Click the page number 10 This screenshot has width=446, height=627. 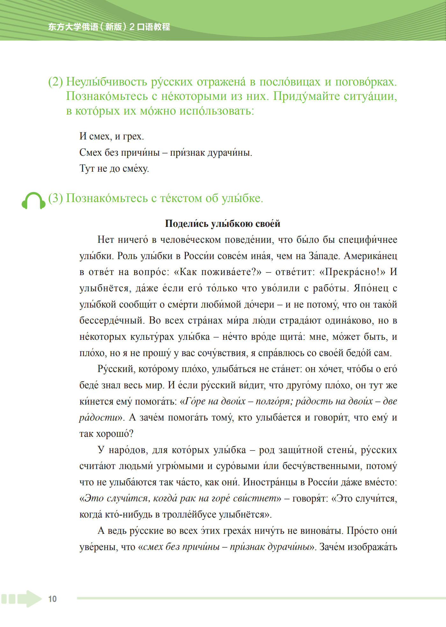52,599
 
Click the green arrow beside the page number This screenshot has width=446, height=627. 29,599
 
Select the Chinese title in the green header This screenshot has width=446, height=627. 109,27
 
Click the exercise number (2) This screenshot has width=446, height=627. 55,82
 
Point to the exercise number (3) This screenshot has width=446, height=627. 55,198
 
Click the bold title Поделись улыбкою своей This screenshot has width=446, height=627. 223,224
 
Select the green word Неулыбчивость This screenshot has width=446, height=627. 106,82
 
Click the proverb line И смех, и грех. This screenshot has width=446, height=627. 112,137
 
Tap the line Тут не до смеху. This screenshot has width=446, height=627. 114,168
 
